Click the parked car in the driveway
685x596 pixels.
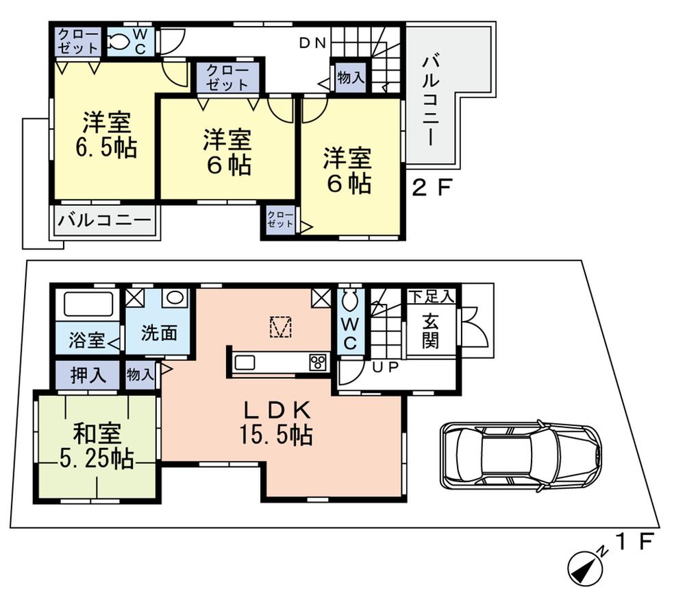[521, 455]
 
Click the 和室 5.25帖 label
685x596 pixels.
[97, 445]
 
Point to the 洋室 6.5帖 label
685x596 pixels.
[106, 135]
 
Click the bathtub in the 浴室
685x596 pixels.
[88, 304]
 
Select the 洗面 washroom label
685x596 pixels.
[160, 333]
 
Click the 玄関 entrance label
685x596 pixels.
[430, 331]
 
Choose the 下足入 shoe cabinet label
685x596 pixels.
[431, 297]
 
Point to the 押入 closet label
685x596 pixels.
[88, 374]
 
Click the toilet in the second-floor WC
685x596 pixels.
[121, 42]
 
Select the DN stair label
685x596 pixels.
[312, 43]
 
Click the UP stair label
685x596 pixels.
[385, 368]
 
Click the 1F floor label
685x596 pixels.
[634, 543]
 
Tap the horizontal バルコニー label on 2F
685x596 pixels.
[103, 222]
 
